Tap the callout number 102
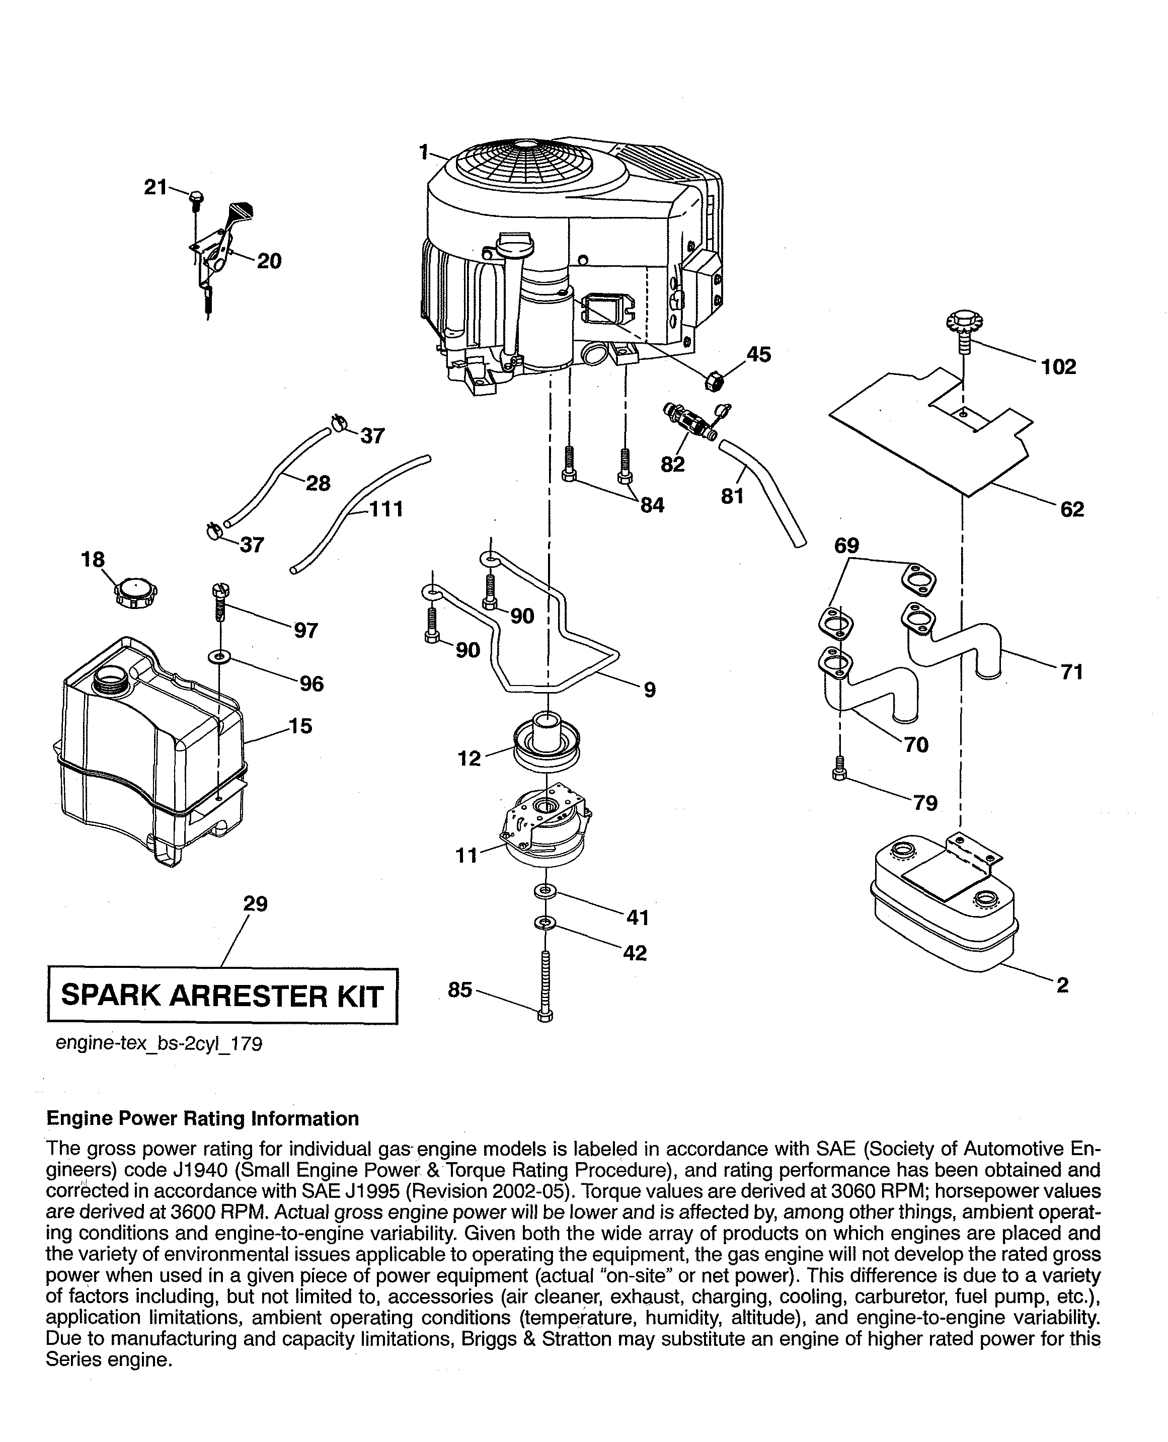1059,367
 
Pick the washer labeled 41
545,891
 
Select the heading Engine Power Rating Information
202,1118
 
